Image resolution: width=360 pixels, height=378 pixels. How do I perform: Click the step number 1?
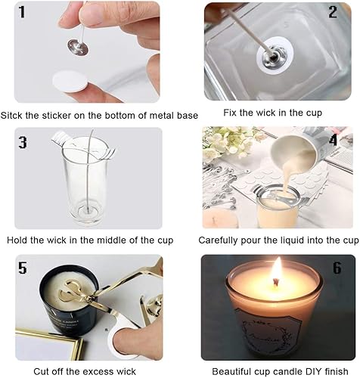[x=22, y=12]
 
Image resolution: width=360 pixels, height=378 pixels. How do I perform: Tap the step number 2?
[x=333, y=12]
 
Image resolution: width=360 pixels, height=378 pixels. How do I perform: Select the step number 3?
[x=23, y=142]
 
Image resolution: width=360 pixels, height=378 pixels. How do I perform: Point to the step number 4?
[x=334, y=140]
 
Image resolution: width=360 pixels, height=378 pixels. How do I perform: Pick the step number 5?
[x=23, y=268]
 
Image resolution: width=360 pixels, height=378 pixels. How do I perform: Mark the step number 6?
[x=337, y=268]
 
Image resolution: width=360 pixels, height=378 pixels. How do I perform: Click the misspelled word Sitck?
[x=12, y=115]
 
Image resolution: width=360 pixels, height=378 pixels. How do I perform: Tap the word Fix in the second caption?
[x=230, y=113]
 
